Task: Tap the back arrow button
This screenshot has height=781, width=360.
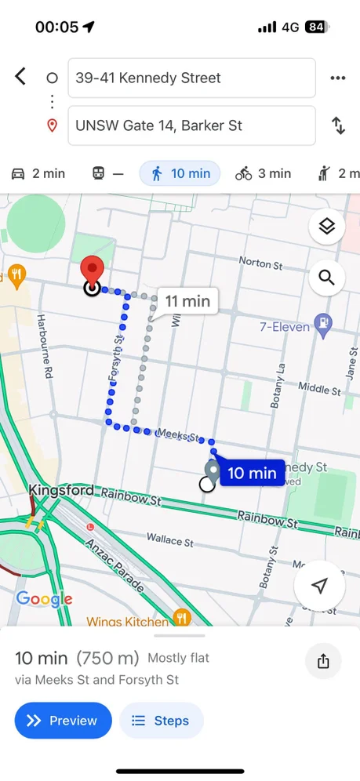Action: pos(20,77)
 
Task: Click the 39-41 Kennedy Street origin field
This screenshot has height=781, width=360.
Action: pos(191,78)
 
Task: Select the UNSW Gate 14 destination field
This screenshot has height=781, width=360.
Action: pos(191,125)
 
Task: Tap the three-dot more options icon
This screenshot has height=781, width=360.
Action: pos(338,78)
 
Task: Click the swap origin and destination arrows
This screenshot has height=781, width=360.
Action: pos(338,125)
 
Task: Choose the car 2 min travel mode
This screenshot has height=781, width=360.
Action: pos(38,173)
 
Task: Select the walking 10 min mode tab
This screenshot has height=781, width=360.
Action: pos(180,173)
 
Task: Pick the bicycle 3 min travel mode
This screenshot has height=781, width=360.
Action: pos(263,173)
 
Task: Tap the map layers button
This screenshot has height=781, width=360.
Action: pos(326,227)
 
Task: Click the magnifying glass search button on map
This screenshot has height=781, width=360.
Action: pos(326,277)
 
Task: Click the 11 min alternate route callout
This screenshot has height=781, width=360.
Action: pos(187,300)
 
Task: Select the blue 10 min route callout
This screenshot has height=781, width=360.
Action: pos(251,473)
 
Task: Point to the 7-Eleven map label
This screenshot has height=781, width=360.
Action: pos(285,326)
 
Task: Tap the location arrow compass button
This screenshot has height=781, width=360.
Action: pos(318,586)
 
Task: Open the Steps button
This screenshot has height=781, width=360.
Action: pos(161,721)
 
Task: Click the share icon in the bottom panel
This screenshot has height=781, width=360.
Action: pos(323,660)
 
